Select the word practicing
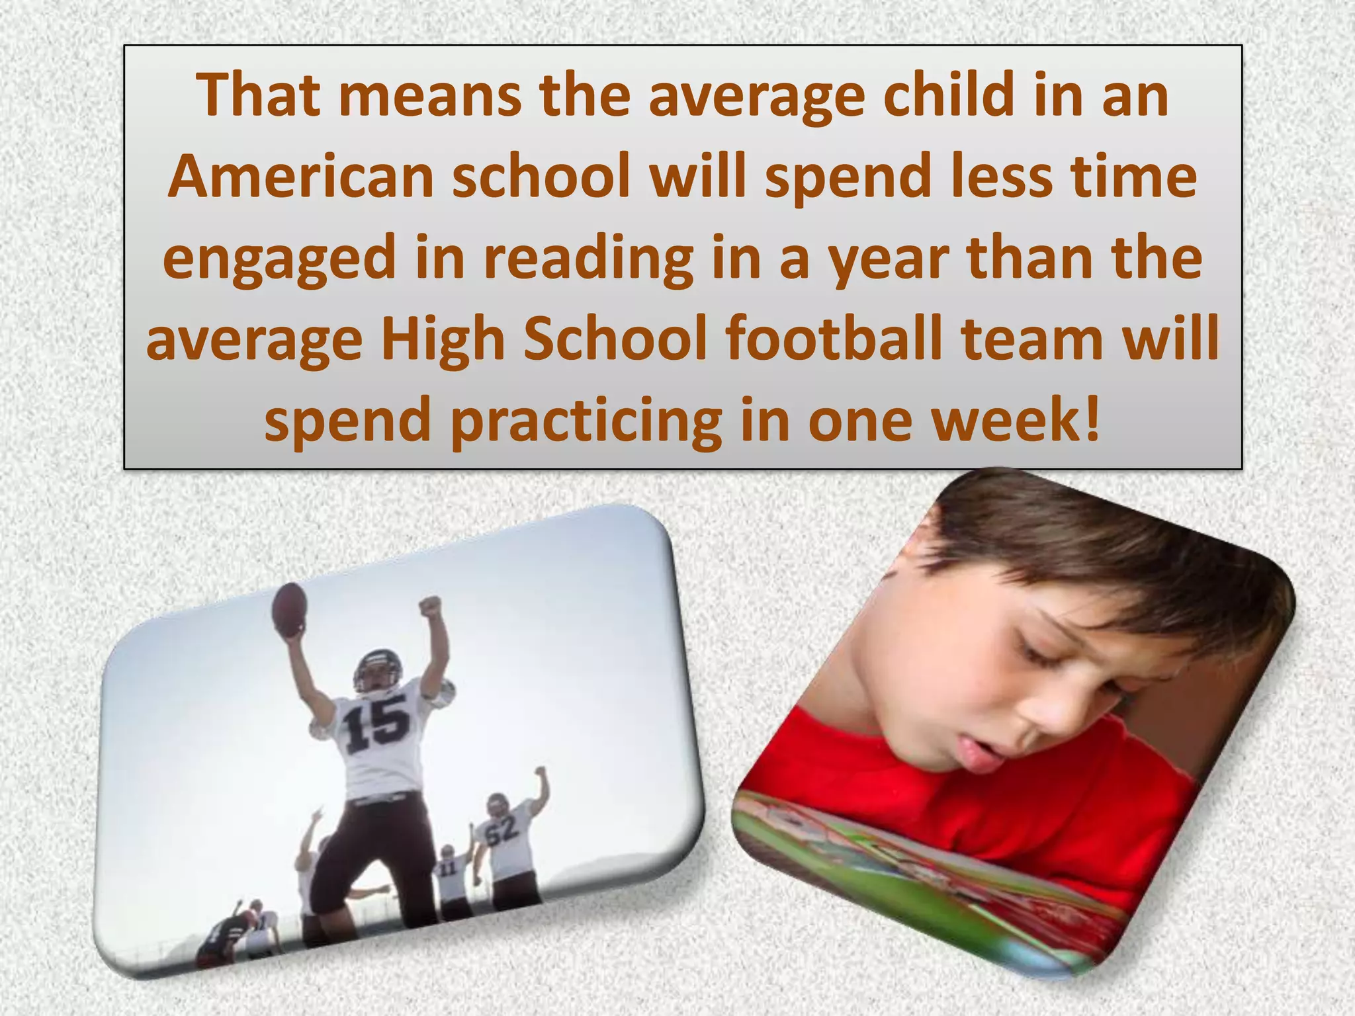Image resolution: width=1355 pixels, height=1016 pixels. (x=586, y=421)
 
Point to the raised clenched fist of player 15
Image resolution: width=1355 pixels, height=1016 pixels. (x=429, y=605)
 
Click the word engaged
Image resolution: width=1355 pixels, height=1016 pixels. (x=279, y=259)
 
